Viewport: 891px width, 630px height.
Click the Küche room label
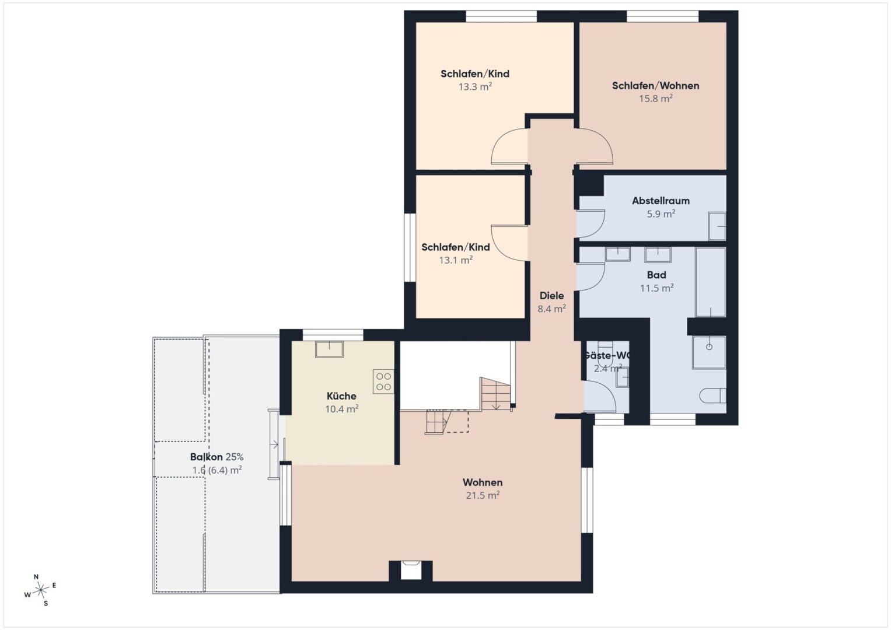point(341,396)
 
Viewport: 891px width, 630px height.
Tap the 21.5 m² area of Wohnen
point(483,495)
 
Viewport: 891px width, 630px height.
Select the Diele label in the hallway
point(552,296)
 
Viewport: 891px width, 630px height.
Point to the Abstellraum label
point(661,201)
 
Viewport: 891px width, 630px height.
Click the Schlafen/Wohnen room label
point(655,86)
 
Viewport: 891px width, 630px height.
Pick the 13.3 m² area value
point(475,86)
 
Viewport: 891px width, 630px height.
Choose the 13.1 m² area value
point(456,260)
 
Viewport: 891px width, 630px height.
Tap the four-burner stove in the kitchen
point(383,381)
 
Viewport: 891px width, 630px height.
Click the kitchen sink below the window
point(329,349)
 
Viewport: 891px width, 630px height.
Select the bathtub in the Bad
point(711,282)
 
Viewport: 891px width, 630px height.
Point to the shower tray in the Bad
point(709,352)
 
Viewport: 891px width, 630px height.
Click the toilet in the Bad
point(713,395)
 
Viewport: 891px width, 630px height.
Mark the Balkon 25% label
point(217,457)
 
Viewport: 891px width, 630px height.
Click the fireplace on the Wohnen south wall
point(411,570)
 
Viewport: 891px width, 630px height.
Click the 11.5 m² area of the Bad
point(656,288)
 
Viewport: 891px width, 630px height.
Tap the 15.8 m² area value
point(655,98)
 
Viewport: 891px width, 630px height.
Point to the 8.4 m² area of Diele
point(552,308)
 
